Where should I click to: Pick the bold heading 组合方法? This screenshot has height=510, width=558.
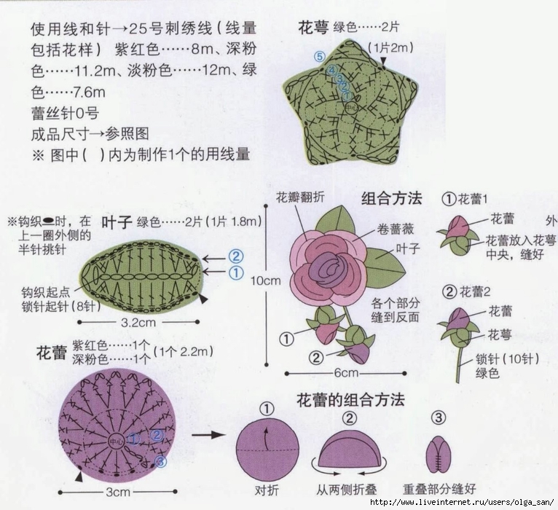coord(392,198)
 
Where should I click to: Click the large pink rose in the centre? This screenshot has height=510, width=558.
coord(328,262)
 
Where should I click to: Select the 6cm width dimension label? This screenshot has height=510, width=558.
coord(347,373)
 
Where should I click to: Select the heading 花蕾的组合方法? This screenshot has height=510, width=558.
coord(350,400)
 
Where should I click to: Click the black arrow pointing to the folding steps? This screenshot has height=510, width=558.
coord(208,435)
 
